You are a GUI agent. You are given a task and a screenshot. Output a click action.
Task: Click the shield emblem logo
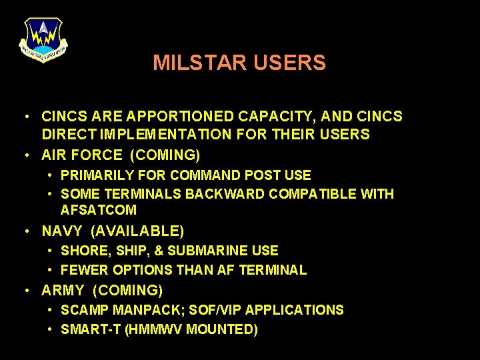pos(43,39)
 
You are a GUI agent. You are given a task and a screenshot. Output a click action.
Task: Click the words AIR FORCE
pos(82,155)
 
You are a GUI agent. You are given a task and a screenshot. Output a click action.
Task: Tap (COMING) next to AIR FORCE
pos(167,155)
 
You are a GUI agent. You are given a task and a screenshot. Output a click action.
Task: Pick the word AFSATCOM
pos(99,210)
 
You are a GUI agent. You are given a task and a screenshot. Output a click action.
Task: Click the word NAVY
pos(62,231)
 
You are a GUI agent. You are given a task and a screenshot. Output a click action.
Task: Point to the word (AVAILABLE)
pos(137,231)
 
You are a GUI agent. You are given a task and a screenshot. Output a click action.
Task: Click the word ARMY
pos(63,291)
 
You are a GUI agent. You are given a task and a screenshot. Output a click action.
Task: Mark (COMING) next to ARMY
pos(128,291)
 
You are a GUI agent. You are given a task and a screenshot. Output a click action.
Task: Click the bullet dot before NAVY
pos(25,231)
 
